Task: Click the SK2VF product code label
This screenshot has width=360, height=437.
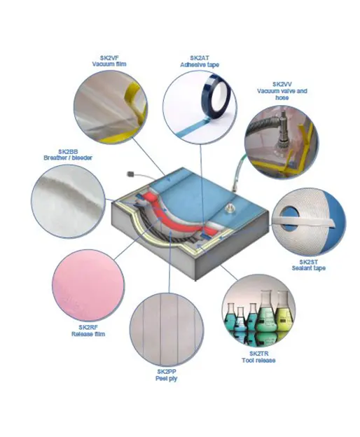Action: tap(109, 58)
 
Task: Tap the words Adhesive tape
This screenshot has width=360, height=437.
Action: tap(200, 64)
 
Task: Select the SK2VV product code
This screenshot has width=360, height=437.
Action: tap(282, 84)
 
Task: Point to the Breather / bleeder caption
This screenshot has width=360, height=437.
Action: tap(68, 158)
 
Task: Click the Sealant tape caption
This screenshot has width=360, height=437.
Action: tap(308, 268)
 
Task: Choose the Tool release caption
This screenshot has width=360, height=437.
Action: tap(258, 361)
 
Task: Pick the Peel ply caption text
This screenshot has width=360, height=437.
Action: tap(167, 378)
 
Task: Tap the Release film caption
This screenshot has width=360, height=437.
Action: tap(88, 334)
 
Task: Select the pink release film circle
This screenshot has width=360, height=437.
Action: tap(88, 286)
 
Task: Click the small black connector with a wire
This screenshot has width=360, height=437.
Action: tap(130, 174)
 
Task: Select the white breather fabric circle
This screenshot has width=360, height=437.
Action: tap(68, 201)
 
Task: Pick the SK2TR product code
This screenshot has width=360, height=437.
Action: tap(258, 354)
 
